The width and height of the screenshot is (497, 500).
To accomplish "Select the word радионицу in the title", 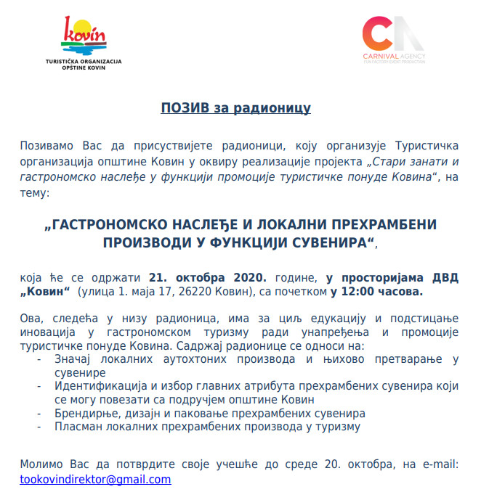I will [x=276, y=109].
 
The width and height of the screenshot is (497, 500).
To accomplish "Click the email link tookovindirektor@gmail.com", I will [x=95, y=480].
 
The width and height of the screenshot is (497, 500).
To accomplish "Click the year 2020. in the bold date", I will [x=248, y=277].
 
